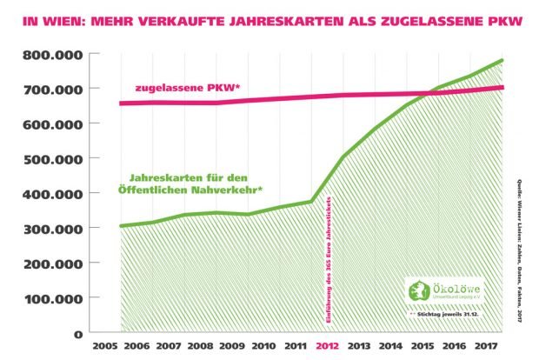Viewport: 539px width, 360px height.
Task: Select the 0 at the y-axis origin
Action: (x=77, y=333)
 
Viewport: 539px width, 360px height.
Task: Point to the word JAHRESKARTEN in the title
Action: (x=277, y=18)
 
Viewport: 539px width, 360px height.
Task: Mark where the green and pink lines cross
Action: (x=427, y=93)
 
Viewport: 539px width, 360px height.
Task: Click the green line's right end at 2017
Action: (x=502, y=60)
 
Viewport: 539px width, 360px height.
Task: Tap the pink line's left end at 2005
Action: (x=120, y=103)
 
